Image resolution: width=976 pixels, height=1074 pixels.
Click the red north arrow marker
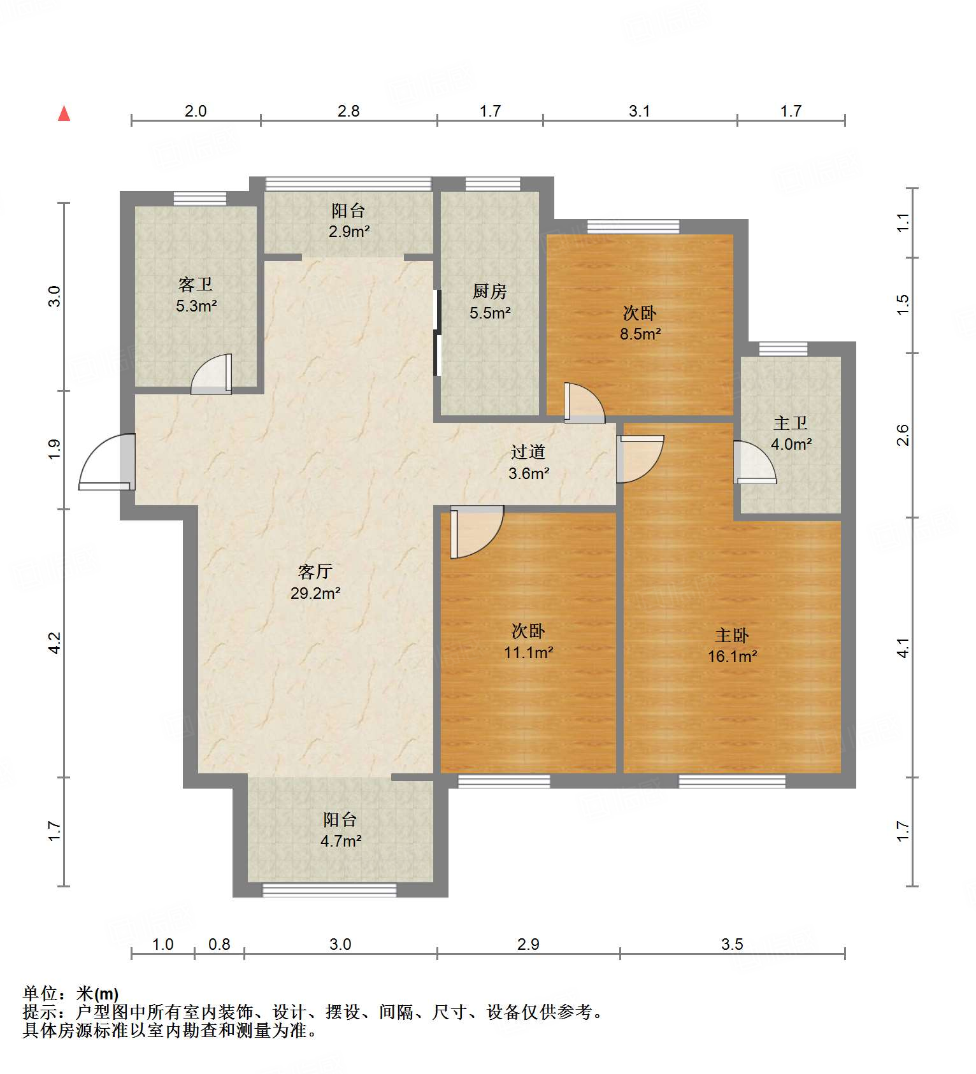click(64, 113)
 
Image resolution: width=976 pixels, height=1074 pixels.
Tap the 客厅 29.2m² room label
click(315, 582)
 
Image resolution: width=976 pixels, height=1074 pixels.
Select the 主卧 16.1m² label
click(732, 645)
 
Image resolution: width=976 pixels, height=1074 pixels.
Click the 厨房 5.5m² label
click(490, 302)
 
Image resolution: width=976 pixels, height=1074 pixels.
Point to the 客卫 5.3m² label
click(196, 295)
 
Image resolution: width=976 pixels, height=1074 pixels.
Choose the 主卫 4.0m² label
click(791, 434)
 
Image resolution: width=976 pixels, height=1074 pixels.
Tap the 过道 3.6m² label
click(528, 462)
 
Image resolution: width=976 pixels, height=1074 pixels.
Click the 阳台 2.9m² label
click(348, 221)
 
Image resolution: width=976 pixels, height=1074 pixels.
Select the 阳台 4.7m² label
click(340, 830)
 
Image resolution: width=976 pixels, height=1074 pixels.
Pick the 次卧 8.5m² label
click(640, 323)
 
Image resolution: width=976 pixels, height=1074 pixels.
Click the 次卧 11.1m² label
click(528, 641)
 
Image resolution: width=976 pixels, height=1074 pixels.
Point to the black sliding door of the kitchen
click(437, 333)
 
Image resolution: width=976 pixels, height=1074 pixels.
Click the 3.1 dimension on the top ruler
click(639, 111)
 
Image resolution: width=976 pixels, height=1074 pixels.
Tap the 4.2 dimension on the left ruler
click(55, 642)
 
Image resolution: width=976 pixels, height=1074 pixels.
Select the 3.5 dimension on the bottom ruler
click(732, 944)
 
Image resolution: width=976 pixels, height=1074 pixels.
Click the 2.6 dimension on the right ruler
click(903, 435)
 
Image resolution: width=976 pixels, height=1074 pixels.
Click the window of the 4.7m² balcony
click(329, 890)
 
